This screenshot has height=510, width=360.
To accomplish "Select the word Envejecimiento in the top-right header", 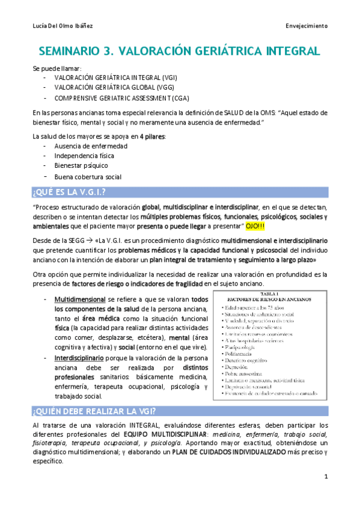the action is pos(307,26).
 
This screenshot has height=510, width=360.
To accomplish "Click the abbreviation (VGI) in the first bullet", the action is pos(167,78).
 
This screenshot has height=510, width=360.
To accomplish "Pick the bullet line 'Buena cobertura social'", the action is pos(88,177).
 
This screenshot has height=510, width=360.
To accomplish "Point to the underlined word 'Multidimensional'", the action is pos(80,300).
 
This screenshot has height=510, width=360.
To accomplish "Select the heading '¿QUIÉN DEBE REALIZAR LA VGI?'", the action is pos(94,411).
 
